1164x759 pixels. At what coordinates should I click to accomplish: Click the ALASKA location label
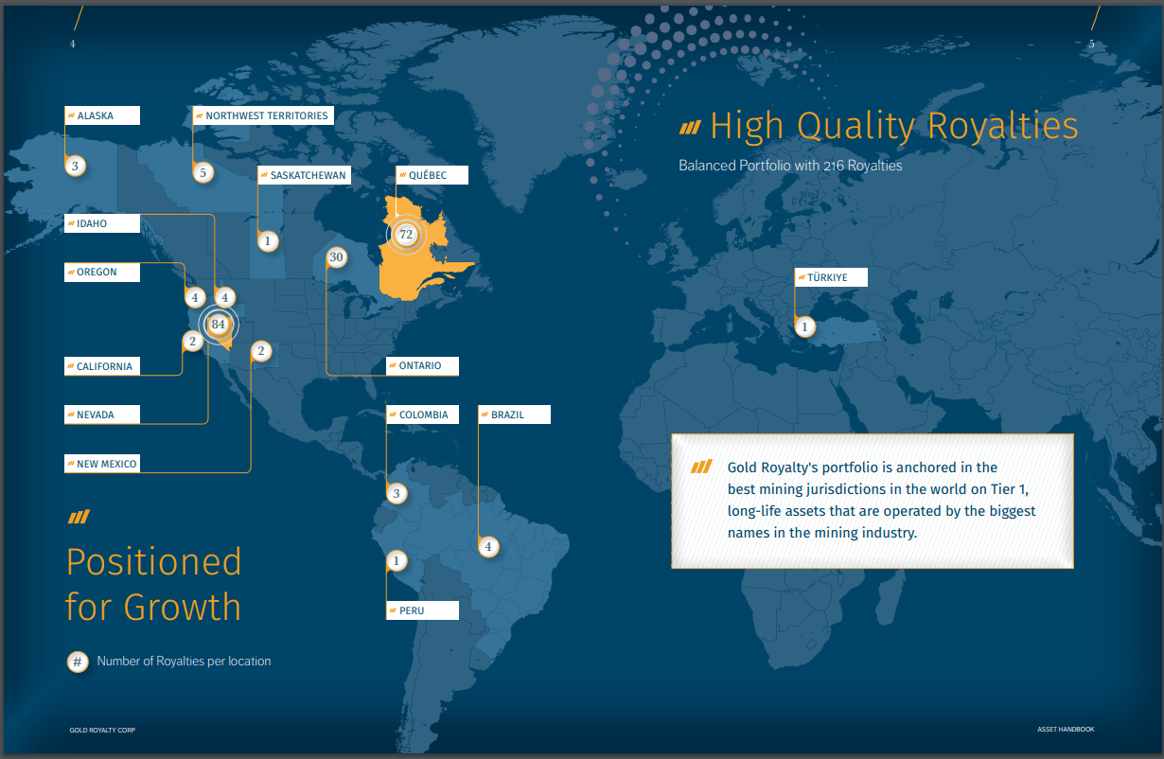click(x=101, y=115)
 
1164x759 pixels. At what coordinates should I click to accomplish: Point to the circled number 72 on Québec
click(x=406, y=234)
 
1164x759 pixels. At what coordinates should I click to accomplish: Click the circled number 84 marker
click(x=219, y=325)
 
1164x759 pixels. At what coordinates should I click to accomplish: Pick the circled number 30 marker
click(x=336, y=257)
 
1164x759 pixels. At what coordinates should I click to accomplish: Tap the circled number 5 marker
click(x=202, y=172)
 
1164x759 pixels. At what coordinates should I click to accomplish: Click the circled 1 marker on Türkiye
click(x=804, y=327)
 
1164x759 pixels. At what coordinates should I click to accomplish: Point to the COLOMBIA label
click(x=422, y=415)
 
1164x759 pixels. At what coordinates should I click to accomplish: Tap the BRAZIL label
click(x=513, y=415)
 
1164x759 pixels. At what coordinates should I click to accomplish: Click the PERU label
click(x=422, y=610)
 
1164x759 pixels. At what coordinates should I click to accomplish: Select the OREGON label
click(x=102, y=272)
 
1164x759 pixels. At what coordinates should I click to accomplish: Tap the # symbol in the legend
click(x=78, y=662)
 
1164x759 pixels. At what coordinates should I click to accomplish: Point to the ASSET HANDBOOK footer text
click(x=1066, y=729)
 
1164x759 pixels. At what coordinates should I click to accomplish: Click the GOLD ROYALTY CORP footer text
click(x=102, y=730)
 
